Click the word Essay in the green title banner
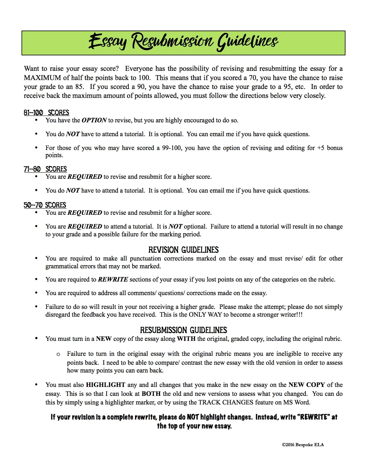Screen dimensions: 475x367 point(107,42)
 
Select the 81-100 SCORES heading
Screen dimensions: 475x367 point(47,113)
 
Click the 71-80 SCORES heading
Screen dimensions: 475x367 point(45,169)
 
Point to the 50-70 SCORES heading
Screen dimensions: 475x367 point(45,205)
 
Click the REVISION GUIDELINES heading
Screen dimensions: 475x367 point(184,250)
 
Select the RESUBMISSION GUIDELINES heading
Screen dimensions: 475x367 point(184,330)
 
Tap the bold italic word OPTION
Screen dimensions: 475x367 point(94,120)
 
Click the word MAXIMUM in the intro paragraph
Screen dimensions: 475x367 point(43,78)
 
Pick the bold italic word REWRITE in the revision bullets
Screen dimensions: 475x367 point(113,279)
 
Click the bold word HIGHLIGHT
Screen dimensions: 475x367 point(105,385)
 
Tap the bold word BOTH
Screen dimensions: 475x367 point(151,394)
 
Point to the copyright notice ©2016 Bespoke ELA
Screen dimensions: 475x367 point(303,445)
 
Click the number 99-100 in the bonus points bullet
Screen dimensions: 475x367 point(172,148)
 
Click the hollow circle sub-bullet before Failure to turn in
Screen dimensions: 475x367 point(58,354)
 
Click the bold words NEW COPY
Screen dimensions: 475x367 point(307,385)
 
